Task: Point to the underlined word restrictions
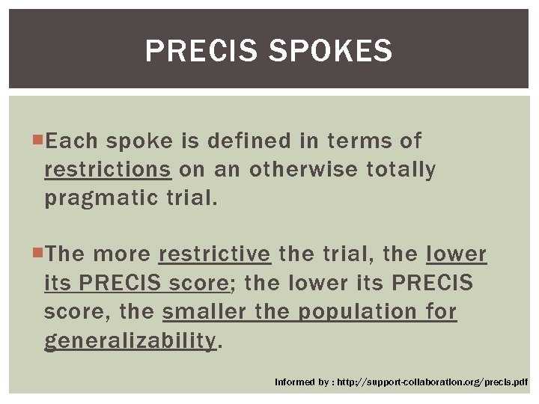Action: [x=107, y=170]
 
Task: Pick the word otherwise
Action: [x=304, y=170]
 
